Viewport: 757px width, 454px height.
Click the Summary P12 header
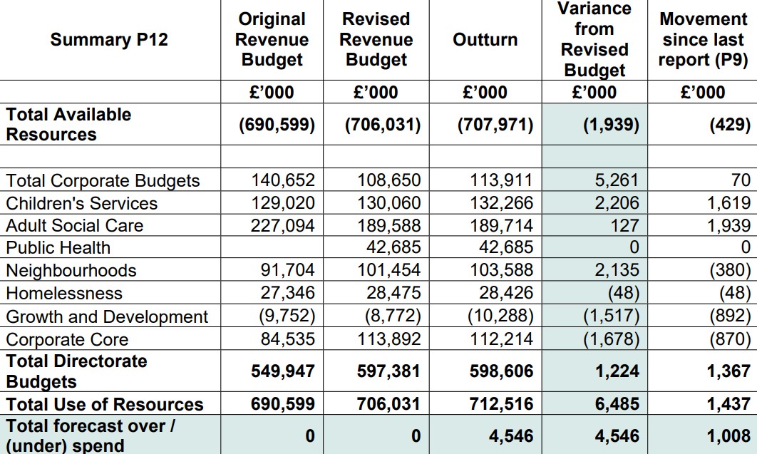coord(109,40)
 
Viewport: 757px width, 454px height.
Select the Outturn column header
coord(485,40)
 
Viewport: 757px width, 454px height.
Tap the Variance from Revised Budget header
coord(594,39)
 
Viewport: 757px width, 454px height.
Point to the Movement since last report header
coord(703,39)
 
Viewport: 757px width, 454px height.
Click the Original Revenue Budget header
coord(272,39)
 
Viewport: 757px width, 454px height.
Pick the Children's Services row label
coord(81,203)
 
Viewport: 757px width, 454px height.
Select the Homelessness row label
coord(64,293)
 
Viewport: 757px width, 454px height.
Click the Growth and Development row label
coord(107,316)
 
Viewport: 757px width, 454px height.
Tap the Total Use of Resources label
coord(105,404)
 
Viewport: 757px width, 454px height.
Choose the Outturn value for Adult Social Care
coord(502,225)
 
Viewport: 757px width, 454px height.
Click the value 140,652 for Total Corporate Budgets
coord(283,180)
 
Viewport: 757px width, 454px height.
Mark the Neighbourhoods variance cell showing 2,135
coord(617,269)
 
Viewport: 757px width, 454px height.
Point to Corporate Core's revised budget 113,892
coord(388,339)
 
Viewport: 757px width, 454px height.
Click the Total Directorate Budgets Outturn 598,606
coord(502,371)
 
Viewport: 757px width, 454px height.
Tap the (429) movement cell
coord(730,125)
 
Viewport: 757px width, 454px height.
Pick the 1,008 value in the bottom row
coord(728,435)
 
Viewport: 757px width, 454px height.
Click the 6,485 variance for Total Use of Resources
coord(617,404)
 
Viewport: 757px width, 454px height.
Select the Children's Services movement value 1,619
coord(729,203)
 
